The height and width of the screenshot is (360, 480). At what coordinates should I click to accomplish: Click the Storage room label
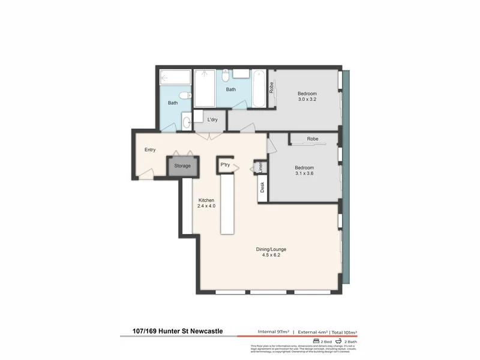[x=182, y=166]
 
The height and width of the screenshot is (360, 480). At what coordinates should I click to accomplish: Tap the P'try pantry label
[x=226, y=164]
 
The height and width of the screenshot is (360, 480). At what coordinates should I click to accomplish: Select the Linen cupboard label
[x=260, y=167]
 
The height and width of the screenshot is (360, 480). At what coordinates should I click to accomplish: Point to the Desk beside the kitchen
[x=262, y=188]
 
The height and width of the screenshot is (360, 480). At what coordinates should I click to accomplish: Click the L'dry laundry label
[x=212, y=119]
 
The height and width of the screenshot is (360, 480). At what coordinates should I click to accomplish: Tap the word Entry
[x=150, y=151]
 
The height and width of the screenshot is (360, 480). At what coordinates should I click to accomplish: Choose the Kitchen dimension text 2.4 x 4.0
[x=206, y=206]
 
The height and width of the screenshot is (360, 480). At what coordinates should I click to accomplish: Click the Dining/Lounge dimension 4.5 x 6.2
[x=271, y=255]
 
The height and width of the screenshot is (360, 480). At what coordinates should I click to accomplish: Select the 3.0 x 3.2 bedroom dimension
[x=307, y=100]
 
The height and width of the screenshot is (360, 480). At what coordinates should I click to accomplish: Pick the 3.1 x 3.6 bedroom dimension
[x=304, y=174]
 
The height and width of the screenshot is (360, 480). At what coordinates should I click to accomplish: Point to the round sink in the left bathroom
[x=186, y=122]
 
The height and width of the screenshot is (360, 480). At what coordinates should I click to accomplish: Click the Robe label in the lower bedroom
[x=312, y=139]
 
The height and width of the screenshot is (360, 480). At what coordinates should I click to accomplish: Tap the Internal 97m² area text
[x=273, y=331]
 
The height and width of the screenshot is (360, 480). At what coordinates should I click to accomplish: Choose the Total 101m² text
[x=343, y=331]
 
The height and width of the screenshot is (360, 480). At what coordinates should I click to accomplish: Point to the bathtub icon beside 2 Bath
[x=339, y=340]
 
